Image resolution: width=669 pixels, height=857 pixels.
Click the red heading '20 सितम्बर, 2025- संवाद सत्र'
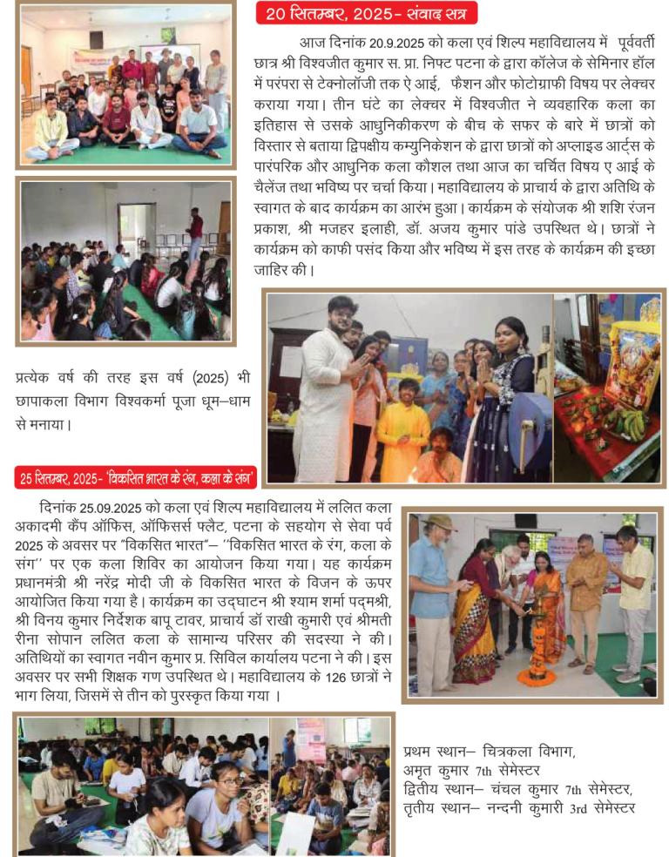pos(367,14)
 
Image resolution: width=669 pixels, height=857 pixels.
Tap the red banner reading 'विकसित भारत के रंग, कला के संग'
pos(136,476)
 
